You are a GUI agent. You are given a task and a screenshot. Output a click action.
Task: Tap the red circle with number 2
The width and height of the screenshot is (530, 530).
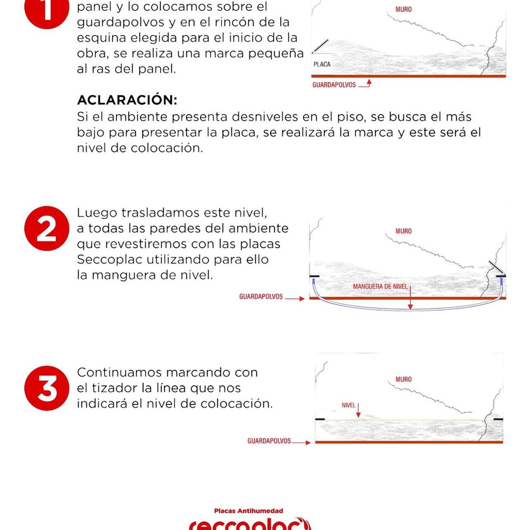(46, 228)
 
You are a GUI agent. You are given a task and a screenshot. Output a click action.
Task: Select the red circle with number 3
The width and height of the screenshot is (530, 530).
(46, 388)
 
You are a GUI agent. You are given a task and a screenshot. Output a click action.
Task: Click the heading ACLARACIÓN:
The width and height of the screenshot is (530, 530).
(127, 100)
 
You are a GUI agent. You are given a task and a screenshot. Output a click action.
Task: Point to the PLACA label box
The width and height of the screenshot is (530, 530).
(322, 64)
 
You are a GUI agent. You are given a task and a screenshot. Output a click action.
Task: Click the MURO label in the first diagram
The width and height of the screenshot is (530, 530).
(403, 9)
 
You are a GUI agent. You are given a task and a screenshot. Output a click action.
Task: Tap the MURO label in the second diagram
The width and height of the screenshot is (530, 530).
(403, 231)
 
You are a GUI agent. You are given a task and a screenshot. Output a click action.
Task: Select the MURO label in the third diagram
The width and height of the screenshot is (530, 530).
(403, 379)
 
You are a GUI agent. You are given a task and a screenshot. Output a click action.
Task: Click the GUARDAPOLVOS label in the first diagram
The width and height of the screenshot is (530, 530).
(334, 85)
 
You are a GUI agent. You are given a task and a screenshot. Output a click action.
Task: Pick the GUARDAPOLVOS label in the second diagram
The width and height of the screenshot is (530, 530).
(261, 297)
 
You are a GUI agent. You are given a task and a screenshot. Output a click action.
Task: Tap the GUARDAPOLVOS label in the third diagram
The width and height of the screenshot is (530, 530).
(269, 441)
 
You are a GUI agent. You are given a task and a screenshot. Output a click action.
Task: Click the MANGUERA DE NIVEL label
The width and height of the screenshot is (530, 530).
(380, 287)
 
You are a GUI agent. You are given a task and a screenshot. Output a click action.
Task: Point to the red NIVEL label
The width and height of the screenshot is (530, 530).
(348, 405)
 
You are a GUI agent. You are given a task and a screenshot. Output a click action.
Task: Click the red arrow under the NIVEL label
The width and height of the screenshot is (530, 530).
(358, 411)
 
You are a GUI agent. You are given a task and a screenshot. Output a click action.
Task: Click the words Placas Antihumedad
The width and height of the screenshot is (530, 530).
(249, 511)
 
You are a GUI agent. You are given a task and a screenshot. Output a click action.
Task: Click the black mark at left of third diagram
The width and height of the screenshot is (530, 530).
(320, 419)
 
